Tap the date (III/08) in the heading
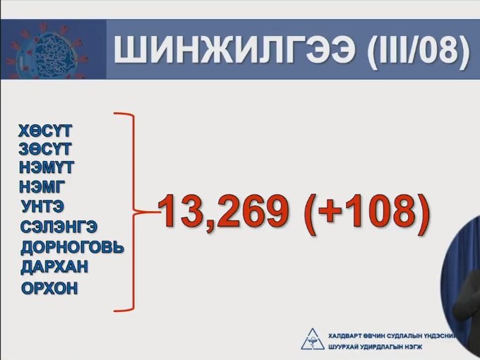pos(419,50)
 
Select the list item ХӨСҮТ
pos(45,131)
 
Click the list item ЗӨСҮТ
pos(45,149)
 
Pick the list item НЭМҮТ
pos(47,167)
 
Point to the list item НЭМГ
pos(42,186)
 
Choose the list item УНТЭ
pos(43,206)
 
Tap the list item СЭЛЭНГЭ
pos(59,227)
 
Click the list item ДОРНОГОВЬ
pos(72,247)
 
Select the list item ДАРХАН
pos(54,267)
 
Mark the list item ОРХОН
pos(49,289)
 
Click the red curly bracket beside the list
pos(134,212)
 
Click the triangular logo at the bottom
pos(312,339)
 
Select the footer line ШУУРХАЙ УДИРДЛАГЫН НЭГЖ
pos(375,347)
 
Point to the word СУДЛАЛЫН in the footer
pos(404,336)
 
